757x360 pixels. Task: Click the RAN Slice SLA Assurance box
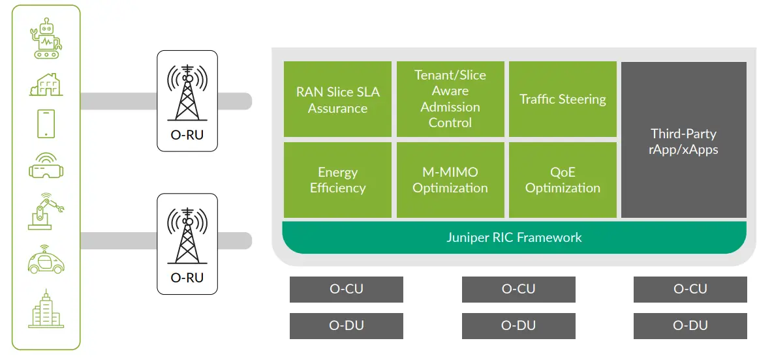pos(337,99)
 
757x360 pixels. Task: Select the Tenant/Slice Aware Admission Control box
pos(450,99)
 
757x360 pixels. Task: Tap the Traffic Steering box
pos(563,99)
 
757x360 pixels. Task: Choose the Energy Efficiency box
pos(337,180)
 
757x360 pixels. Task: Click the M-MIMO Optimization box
pos(450,180)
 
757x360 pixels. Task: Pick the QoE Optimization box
pos(563,180)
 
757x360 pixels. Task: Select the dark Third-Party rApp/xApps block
pos(683,140)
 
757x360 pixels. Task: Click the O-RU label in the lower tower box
pos(187,278)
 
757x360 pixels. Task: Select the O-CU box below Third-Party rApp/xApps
pos(690,289)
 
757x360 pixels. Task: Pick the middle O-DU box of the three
pos(518,325)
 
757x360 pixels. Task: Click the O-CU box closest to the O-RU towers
pos(346,289)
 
